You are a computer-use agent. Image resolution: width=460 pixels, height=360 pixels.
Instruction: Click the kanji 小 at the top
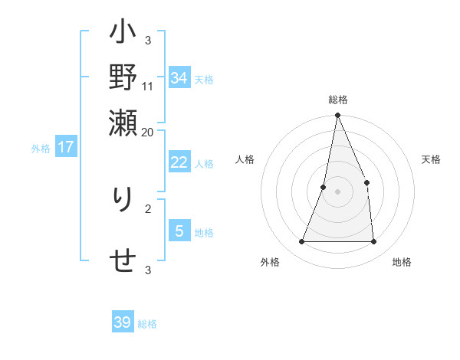tap(123, 34)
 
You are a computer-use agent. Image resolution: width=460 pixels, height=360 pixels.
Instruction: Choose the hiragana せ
tap(123, 260)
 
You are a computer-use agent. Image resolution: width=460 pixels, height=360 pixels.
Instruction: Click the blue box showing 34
tap(179, 78)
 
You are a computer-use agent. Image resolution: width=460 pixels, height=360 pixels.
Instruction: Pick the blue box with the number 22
tap(179, 162)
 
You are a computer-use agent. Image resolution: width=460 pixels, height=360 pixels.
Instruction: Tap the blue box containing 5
tap(179, 231)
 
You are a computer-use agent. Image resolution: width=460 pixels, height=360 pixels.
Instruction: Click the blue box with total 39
tap(123, 322)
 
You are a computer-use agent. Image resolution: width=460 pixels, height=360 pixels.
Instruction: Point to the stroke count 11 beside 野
tap(148, 86)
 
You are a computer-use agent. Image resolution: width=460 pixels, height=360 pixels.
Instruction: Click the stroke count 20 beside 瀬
tap(148, 131)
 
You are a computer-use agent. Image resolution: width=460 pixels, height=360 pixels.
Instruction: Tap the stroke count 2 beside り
tap(148, 208)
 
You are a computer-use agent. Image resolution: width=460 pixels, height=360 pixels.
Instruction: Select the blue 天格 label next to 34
tap(204, 80)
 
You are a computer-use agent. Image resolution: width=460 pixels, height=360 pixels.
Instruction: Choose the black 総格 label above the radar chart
tap(337, 100)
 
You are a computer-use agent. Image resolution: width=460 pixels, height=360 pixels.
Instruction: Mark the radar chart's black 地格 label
tap(402, 263)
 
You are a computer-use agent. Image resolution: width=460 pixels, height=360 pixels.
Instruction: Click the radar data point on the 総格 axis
tap(337, 116)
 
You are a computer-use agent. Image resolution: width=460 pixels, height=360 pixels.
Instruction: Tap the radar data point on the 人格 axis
tap(324, 187)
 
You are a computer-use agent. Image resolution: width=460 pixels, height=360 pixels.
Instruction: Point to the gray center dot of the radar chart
tap(337, 191)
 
